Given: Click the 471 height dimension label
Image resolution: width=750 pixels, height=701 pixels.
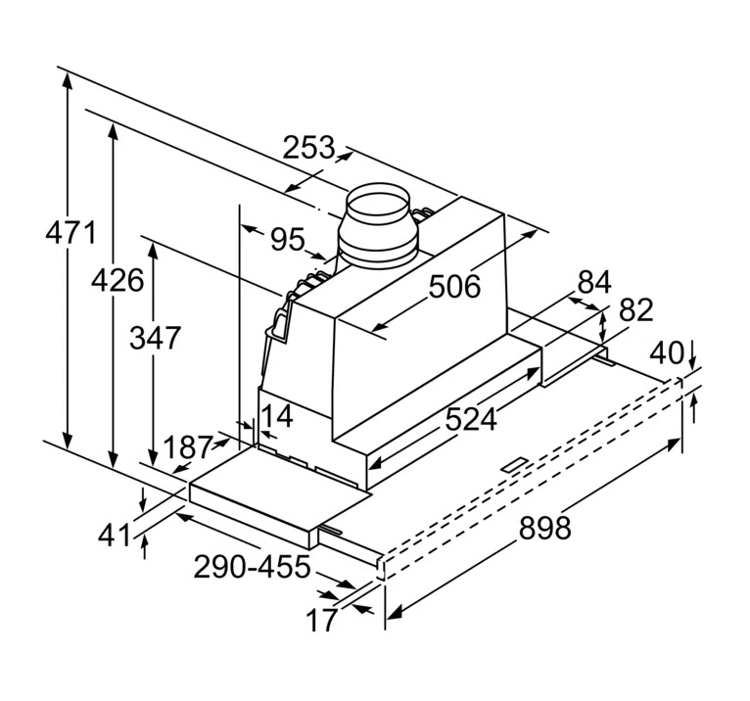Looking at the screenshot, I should [71, 235].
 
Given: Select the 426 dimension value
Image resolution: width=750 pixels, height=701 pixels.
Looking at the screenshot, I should [117, 280].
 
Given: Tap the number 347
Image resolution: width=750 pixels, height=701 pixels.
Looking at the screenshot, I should [155, 338].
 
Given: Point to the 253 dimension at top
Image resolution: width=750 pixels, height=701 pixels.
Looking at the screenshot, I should [308, 149].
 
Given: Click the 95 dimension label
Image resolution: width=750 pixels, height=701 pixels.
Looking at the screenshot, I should [287, 239].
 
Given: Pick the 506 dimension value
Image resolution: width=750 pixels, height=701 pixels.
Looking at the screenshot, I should [454, 287].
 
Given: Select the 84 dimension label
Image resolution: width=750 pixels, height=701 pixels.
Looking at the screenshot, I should [593, 283].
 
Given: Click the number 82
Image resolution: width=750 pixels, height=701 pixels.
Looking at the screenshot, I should [635, 310].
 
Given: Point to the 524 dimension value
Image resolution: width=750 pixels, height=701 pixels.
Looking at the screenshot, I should [471, 419].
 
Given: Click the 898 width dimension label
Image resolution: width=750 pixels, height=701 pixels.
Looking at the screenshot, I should [543, 528].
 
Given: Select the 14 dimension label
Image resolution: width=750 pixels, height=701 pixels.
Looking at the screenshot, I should [277, 416].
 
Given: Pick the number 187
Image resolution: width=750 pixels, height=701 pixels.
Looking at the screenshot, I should [189, 447].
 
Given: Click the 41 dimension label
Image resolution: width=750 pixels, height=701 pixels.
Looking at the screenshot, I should [116, 535].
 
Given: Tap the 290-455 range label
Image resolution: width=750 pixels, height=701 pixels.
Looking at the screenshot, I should [252, 567].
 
